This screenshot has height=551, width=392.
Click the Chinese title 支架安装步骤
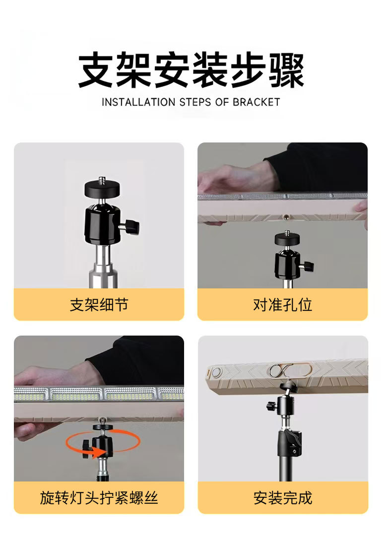tap(191, 70)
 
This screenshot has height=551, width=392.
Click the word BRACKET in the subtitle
tap(257, 102)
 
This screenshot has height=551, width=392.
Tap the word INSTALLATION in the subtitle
tap(138, 102)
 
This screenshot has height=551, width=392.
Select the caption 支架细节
tap(99, 305)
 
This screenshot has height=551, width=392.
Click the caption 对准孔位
tap(282, 305)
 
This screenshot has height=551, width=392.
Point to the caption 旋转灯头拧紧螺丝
tap(99, 498)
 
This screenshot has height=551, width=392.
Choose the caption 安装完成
tap(283, 498)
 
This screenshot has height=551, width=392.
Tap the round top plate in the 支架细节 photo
tap(102, 188)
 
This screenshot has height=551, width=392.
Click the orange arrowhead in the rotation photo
tap(99, 452)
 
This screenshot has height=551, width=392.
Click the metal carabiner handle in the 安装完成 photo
tap(290, 370)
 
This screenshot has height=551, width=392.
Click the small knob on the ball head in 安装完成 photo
tap(271, 407)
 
